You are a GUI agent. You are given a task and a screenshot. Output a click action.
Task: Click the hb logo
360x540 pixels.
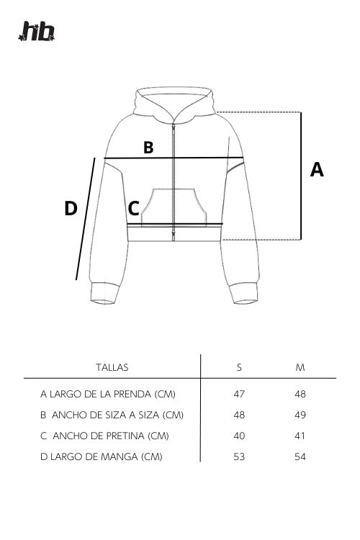click(x=37, y=32)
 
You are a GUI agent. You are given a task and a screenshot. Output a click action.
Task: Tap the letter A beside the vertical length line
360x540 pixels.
click(x=317, y=169)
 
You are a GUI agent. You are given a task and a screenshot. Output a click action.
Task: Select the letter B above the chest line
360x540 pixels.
click(x=148, y=148)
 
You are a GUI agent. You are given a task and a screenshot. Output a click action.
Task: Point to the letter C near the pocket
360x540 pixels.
click(x=133, y=208)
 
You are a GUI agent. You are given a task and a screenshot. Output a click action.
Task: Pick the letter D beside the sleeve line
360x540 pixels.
click(x=71, y=208)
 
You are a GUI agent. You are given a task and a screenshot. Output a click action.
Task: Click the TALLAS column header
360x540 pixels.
click(x=112, y=367)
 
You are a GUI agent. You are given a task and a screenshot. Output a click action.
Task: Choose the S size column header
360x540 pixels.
click(x=239, y=367)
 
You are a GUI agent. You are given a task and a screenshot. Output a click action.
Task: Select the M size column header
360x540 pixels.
click(x=300, y=367)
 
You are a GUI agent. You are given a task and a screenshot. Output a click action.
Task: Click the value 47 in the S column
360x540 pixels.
click(x=239, y=394)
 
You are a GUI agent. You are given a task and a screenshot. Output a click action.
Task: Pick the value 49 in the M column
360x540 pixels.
click(x=300, y=415)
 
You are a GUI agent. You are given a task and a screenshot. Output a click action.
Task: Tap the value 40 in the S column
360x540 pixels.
click(x=239, y=436)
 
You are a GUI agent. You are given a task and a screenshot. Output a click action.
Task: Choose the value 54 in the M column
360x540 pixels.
click(x=300, y=457)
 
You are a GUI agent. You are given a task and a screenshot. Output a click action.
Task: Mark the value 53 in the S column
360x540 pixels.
click(x=239, y=457)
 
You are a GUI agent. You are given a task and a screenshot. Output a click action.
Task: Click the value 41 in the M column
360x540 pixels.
click(x=300, y=436)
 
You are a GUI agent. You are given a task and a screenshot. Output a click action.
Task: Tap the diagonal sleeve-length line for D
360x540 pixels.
click(x=85, y=219)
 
